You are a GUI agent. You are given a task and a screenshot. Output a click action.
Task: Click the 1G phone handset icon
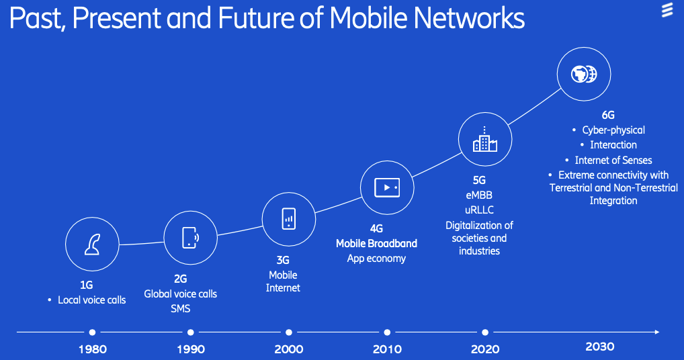pos(92,244)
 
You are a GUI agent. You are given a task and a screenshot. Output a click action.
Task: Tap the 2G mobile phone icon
pos(190,238)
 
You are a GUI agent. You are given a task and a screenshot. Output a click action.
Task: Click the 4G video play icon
pos(387,187)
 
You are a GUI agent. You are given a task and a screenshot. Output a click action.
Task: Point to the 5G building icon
pos(484,139)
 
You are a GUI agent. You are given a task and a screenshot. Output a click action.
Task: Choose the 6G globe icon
pos(584,74)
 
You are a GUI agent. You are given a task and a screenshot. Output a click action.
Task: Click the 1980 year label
pos(93,349)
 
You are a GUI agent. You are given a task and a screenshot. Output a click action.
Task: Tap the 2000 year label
pos(289,349)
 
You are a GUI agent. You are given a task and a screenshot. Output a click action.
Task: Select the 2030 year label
pos(600,347)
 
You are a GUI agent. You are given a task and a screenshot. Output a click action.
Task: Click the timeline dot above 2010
pos(387,332)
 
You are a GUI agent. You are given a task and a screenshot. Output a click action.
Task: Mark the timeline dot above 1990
pos(191,332)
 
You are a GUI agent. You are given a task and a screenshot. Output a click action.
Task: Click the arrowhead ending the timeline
pos(657,332)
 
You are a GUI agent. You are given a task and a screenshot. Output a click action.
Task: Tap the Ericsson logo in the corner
pos(667,11)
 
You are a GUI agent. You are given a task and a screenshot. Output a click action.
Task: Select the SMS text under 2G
pos(181,308)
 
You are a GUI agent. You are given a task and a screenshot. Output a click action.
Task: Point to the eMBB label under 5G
pos(479,195)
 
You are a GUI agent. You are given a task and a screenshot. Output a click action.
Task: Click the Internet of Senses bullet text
pos(613,161)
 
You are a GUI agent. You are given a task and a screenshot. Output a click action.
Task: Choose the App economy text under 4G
pos(376,259)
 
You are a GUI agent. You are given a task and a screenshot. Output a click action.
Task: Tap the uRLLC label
pos(479,210)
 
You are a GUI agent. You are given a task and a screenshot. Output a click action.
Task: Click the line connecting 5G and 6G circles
pos(534,107)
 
